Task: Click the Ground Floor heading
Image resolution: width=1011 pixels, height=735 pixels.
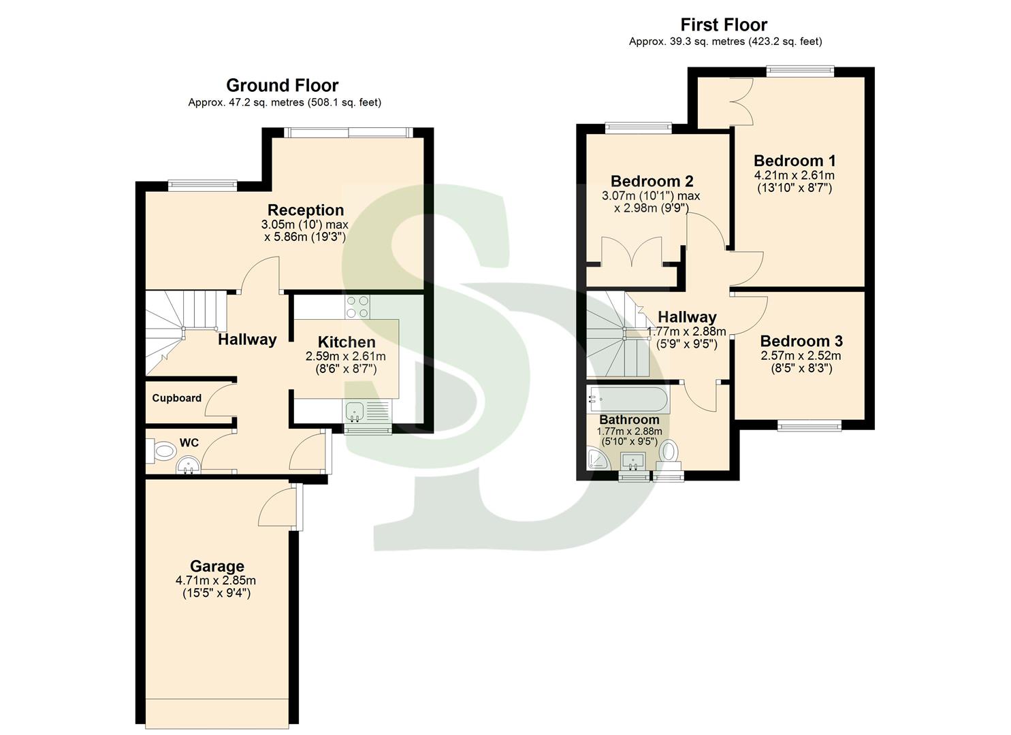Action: [x=282, y=86]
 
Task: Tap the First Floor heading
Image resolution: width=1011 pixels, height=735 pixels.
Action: [x=724, y=25]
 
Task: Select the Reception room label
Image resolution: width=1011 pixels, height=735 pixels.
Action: [x=305, y=210]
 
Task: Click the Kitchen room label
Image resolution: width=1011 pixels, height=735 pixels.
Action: [x=347, y=342]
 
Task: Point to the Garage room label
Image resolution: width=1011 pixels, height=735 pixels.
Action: [x=216, y=566]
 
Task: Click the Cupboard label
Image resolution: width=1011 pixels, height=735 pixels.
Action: [x=176, y=398]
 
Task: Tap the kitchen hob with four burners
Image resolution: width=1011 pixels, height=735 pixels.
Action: [x=357, y=307]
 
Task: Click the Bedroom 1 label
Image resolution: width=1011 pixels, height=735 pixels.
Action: [x=795, y=161]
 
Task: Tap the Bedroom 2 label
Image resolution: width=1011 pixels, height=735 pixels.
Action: [x=652, y=182]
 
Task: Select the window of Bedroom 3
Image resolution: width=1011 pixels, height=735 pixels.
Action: [x=809, y=426]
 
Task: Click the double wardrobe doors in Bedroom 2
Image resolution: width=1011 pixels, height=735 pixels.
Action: [x=632, y=252]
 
